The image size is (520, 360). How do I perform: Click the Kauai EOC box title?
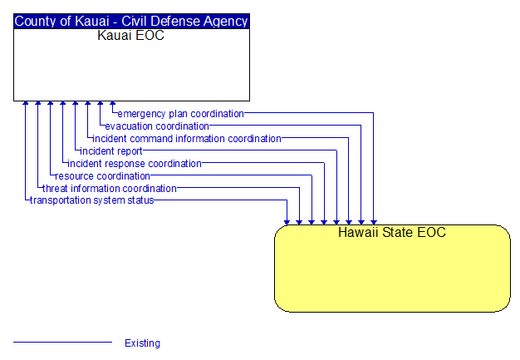131,35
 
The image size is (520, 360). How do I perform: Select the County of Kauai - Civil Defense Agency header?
131,22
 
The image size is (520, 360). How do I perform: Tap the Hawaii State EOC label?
392,232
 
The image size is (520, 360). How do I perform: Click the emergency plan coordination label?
181,114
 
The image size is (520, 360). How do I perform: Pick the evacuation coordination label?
157,126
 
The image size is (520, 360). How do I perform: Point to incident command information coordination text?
187,139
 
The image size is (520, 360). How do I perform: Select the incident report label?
111,151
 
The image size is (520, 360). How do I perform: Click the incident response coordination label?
135,164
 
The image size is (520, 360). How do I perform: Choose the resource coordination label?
102,176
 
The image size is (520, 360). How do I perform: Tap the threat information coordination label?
110,189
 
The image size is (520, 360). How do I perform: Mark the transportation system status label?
92,200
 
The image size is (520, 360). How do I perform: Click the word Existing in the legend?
142,343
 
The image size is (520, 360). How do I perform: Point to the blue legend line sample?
62,342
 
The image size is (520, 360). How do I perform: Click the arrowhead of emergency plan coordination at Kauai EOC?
113,104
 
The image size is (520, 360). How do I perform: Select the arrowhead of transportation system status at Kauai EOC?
26,104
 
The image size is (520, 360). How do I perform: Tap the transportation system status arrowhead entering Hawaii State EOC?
287,222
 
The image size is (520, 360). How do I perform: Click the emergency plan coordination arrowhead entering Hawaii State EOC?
374,222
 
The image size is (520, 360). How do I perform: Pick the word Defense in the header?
175,22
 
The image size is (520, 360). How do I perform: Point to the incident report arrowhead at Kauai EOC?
76,104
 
